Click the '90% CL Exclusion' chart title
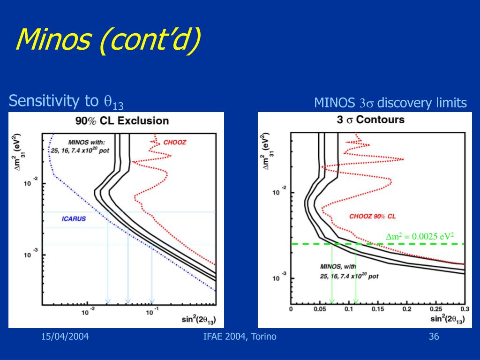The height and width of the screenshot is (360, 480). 122,120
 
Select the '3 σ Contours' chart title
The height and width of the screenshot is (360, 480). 370,120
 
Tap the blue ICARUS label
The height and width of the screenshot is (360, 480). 74,219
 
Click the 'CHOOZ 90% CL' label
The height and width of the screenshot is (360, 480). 373,216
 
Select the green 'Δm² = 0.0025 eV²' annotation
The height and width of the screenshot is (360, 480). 420,236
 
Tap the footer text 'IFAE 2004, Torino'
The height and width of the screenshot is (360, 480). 240,336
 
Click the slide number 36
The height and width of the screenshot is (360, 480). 434,336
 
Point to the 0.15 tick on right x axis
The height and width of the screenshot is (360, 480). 377,309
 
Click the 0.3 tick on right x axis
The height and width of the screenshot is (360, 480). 465,309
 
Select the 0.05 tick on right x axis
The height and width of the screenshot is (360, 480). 319,309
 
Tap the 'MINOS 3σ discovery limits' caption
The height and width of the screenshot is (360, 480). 390,103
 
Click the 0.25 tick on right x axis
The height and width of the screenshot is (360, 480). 435,309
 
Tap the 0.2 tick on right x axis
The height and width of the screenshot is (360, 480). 406,309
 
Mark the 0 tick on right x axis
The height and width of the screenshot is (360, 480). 291,309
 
